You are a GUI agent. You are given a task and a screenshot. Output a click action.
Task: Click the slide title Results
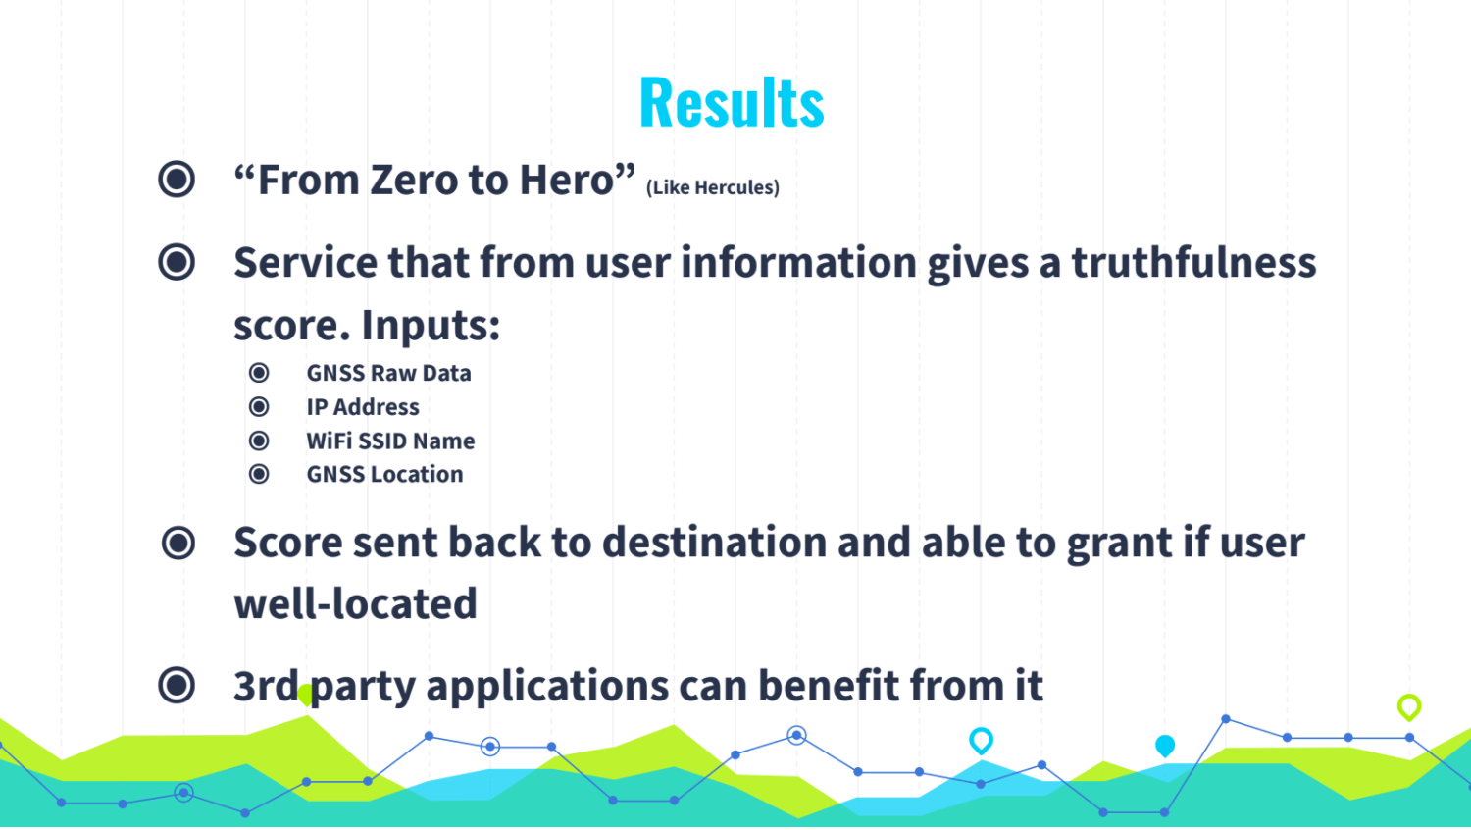[x=732, y=102]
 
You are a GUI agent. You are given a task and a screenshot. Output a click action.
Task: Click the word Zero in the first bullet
[x=413, y=180]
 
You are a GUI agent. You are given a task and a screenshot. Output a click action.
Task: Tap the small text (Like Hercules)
[x=713, y=188]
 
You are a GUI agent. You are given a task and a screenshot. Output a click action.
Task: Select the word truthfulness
[x=1193, y=262]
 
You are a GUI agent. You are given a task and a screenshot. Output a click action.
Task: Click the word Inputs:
[x=431, y=325]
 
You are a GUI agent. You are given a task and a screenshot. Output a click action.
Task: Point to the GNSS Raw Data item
[x=388, y=373]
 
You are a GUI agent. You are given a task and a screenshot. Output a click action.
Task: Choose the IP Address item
[x=363, y=407]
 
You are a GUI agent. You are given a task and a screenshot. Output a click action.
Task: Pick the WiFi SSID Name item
[x=390, y=441]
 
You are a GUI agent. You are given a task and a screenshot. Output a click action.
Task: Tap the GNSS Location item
[x=384, y=475]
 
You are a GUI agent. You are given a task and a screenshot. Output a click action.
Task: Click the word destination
[x=714, y=543]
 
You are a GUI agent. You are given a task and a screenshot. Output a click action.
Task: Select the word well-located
[x=355, y=603]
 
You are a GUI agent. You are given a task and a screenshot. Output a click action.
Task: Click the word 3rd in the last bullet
[x=266, y=686]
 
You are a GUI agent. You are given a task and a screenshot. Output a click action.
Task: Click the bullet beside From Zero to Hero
[x=177, y=179]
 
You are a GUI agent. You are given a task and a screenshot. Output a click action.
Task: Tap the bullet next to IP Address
[x=259, y=407]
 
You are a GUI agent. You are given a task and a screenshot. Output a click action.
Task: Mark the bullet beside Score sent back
[x=178, y=543]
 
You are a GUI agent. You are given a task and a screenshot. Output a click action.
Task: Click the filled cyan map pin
[x=1165, y=746]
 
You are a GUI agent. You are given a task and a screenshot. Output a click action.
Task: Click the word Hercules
[x=736, y=188]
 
